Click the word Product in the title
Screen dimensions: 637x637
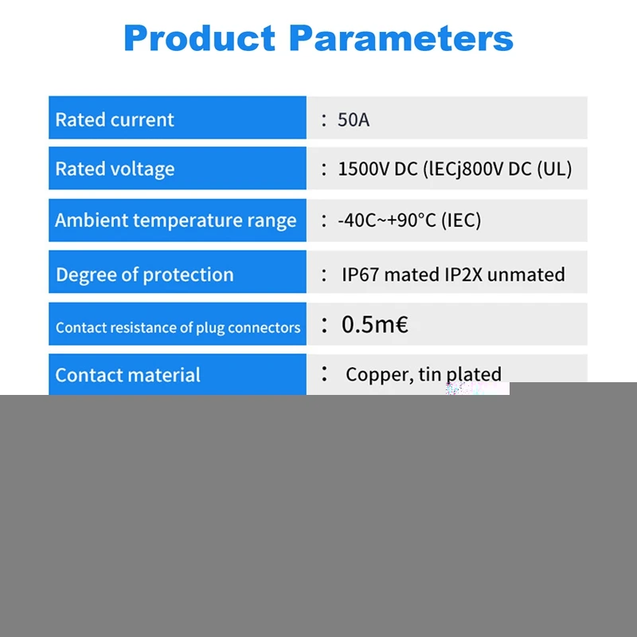point(200,38)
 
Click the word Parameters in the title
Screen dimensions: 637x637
point(401,38)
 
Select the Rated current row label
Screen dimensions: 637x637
point(115,120)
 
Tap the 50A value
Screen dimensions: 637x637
point(354,120)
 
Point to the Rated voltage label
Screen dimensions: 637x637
point(115,169)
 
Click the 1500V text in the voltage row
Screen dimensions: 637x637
point(364,169)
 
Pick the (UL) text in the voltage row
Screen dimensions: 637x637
point(554,169)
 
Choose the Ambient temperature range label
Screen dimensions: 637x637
point(176,221)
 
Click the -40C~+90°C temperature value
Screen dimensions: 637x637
point(387,221)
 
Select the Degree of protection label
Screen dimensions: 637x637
point(145,275)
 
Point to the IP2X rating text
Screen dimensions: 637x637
point(463,275)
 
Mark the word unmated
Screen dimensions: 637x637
point(526,275)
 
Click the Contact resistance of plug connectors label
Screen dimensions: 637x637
point(178,328)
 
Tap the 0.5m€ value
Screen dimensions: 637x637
point(375,325)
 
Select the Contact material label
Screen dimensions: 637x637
point(128,375)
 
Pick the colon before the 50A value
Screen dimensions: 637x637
point(324,120)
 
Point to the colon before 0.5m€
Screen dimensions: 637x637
point(324,325)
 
